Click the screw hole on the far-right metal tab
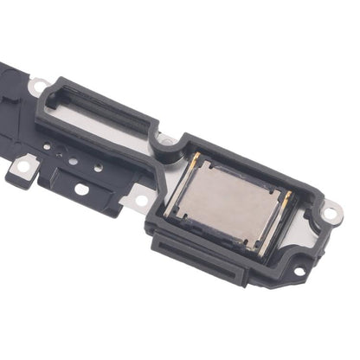click(x=330, y=211)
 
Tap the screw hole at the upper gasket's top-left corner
click(x=38, y=86)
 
